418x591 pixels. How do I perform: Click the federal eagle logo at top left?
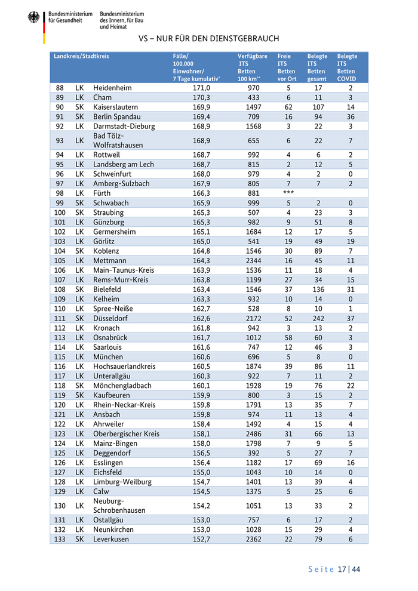33,19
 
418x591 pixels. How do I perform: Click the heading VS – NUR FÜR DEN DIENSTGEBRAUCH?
208,39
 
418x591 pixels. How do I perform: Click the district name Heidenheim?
112,88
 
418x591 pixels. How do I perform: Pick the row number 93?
60,141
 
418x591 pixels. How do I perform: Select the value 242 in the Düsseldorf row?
318,318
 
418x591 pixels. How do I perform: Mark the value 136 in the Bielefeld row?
318,290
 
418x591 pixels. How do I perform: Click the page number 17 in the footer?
342,569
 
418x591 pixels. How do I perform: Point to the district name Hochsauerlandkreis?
124,367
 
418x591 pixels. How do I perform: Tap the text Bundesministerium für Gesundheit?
70,16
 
